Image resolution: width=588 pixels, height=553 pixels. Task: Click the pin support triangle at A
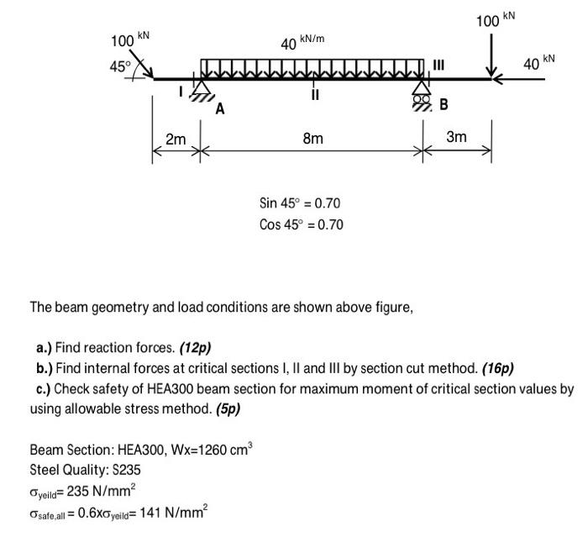point(201,90)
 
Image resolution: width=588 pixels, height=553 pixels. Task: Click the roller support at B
point(423,92)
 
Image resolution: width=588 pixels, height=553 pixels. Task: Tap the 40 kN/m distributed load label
point(303,42)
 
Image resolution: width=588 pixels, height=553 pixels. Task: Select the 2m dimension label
point(176,140)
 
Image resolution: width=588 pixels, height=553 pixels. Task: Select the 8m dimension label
point(312,138)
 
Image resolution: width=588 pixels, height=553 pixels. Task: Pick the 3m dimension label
point(456,136)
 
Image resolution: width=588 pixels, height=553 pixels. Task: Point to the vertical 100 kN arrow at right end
point(489,55)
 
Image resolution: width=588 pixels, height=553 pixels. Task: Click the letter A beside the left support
point(219,109)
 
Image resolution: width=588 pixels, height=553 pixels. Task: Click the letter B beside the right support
point(444,105)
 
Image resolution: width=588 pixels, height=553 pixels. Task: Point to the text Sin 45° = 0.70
point(300,203)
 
